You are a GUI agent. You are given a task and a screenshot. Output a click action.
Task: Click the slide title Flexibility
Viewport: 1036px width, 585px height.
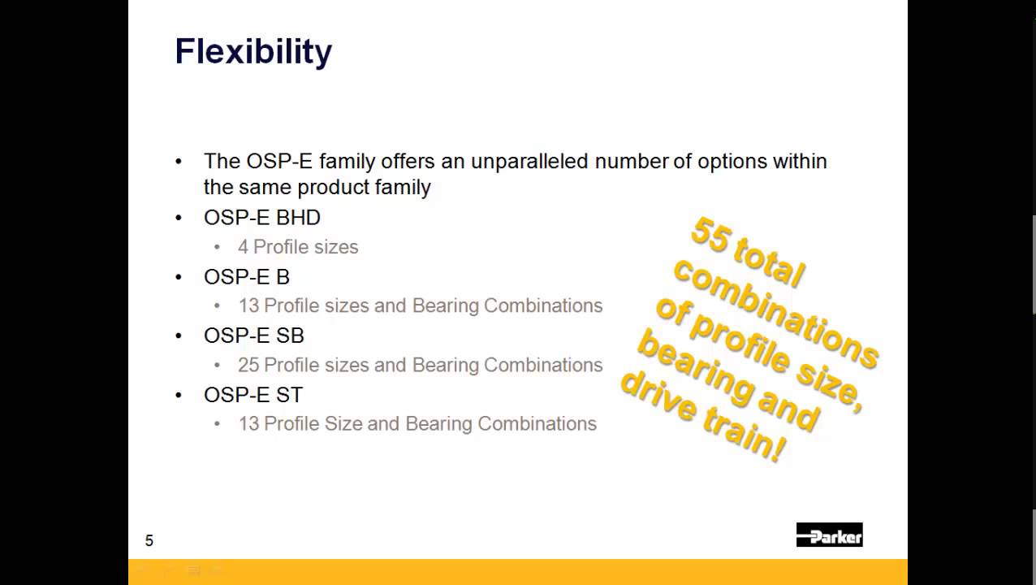pos(253,52)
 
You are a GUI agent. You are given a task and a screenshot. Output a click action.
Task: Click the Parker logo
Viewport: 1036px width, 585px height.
pos(829,535)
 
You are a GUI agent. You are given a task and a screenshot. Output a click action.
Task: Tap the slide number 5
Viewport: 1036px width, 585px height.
pos(149,541)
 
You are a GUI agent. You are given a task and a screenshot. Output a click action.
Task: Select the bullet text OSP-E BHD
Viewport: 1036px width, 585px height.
pos(261,218)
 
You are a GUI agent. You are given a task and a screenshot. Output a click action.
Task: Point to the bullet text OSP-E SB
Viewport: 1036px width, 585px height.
pos(253,336)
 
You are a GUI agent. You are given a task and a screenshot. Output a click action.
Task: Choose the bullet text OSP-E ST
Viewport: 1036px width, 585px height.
pos(253,395)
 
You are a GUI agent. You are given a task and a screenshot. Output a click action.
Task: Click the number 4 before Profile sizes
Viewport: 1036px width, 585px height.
pos(243,247)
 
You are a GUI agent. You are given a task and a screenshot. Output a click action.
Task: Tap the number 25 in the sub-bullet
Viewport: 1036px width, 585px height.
pos(248,365)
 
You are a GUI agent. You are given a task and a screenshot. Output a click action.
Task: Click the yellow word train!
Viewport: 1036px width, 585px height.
pos(748,440)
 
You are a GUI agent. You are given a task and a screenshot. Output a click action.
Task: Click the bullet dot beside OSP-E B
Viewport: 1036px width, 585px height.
pos(179,277)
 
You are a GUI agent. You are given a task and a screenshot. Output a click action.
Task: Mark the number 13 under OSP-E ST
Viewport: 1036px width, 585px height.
pos(248,424)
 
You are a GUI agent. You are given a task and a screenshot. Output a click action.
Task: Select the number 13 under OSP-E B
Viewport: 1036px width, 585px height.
pos(248,305)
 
